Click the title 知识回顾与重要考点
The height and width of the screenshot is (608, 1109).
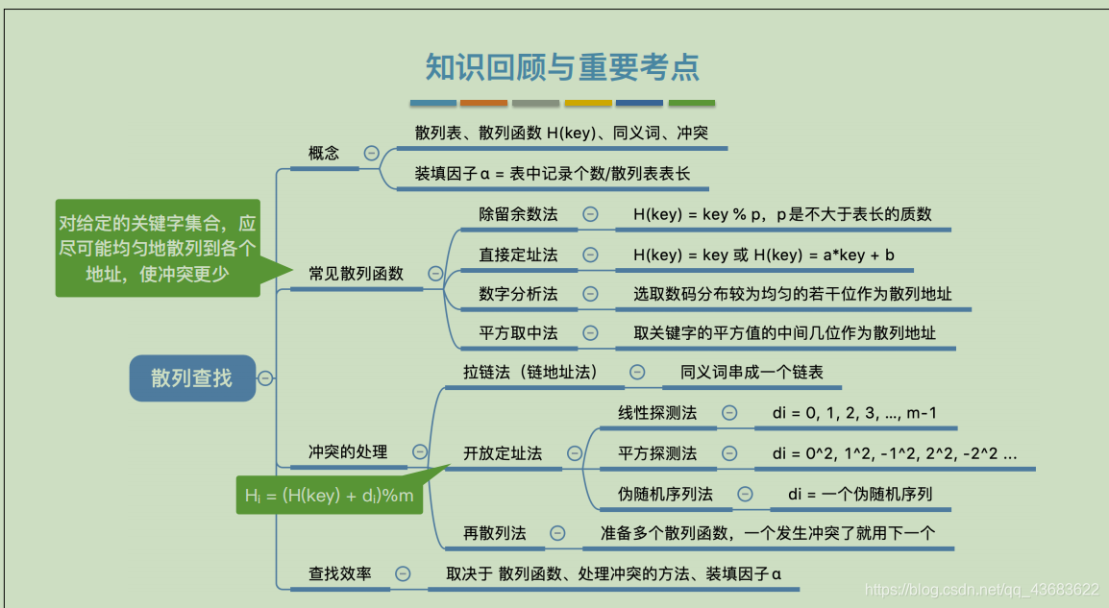pos(562,66)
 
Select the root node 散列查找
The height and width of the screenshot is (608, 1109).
pos(191,377)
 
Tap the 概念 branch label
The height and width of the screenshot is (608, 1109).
pos(324,153)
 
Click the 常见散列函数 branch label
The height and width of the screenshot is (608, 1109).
pos(356,274)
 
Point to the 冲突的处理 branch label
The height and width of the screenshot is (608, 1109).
pos(348,451)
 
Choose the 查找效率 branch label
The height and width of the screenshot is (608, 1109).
pos(339,573)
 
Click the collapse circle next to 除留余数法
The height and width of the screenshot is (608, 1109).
pos(590,214)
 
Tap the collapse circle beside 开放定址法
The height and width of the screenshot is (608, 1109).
pos(575,453)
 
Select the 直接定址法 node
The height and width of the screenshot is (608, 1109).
pos(518,255)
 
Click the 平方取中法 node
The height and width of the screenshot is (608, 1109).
pos(518,333)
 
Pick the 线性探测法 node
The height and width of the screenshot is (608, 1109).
pos(657,413)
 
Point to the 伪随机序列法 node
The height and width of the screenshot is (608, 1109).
pos(665,494)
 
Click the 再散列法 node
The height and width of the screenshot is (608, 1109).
pos(495,533)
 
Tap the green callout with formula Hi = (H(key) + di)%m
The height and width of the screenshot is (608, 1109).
pos(329,496)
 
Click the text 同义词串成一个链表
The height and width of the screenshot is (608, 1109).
pos(752,372)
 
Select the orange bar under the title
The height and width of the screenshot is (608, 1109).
pos(483,103)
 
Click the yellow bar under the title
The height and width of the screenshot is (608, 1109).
pos(588,103)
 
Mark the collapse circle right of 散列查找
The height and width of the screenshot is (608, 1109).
pos(265,378)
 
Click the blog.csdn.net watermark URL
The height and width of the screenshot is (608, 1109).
pos(981,588)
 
